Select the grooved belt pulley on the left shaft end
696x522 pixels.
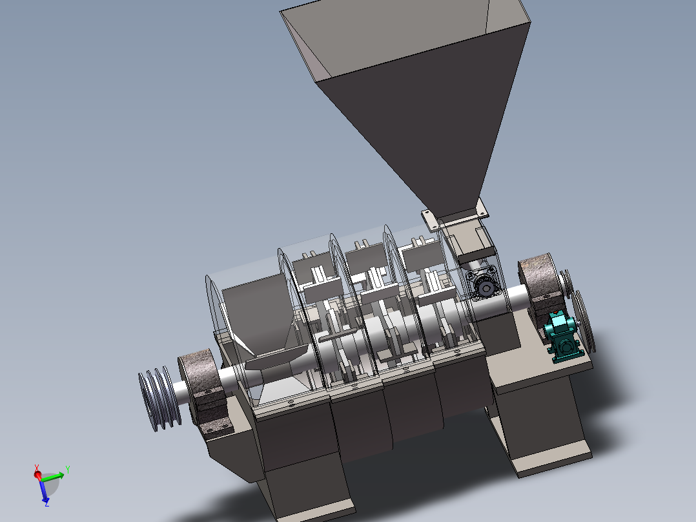point(159,398)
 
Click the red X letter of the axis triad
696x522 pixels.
point(36,468)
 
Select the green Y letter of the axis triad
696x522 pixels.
point(68,469)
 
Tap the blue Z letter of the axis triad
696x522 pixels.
point(46,503)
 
